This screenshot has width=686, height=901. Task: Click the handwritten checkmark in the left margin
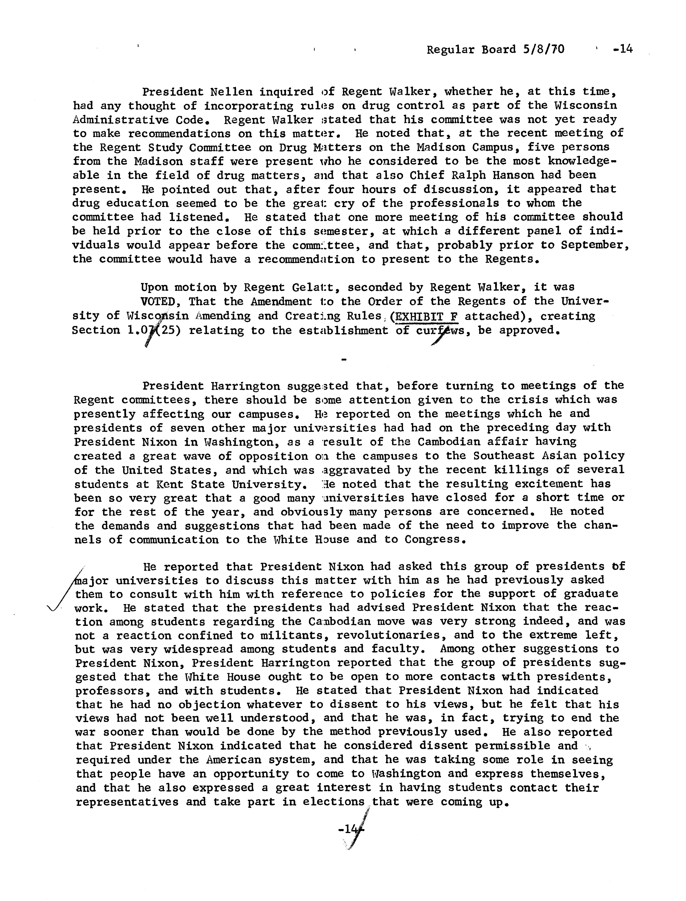[65, 592]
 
